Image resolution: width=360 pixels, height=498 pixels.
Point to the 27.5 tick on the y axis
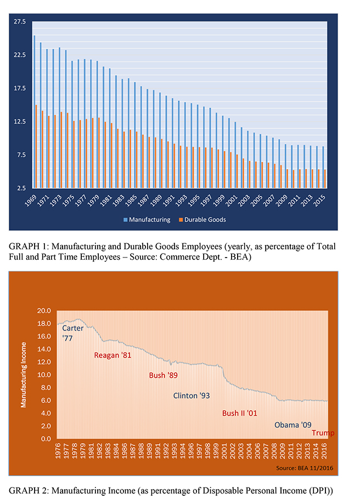coord(20,22)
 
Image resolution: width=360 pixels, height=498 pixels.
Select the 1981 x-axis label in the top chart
coord(106,200)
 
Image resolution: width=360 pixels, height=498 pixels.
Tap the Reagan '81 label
coord(113,355)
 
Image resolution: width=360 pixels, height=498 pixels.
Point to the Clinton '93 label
coord(192,395)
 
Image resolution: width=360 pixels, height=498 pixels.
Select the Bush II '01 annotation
coord(240,413)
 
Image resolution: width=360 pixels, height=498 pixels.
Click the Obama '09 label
coord(294,425)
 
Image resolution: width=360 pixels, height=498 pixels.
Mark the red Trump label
coord(323,433)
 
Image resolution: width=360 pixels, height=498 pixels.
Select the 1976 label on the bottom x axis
coord(58,452)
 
